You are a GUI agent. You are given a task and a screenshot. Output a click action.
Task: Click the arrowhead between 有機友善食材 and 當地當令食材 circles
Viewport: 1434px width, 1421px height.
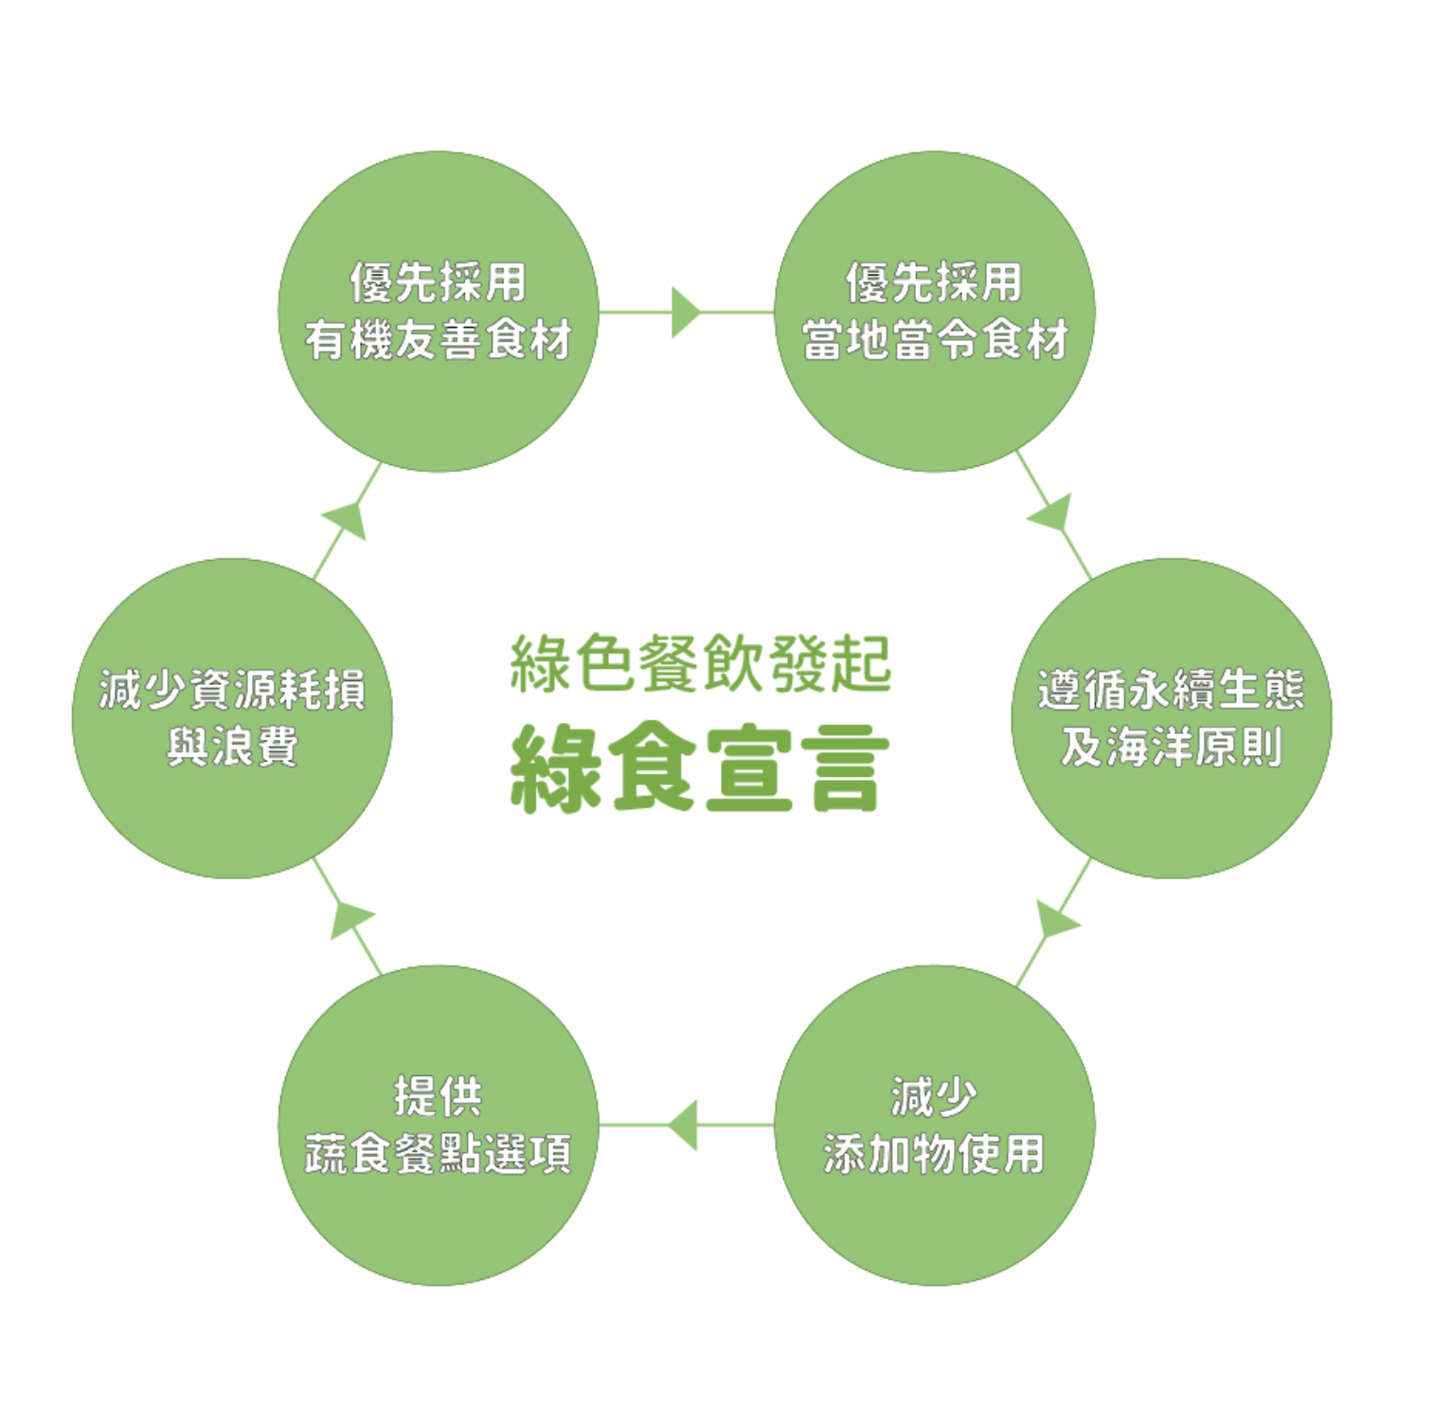pos(685,312)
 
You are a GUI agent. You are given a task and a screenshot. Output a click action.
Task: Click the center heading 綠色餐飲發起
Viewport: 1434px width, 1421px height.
pos(700,663)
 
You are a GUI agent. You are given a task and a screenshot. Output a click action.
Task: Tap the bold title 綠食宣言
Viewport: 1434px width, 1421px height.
pos(700,767)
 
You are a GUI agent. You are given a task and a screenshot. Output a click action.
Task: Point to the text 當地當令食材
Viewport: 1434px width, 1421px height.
pos(935,340)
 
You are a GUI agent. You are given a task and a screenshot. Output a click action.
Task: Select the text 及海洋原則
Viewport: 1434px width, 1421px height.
pos(1172,747)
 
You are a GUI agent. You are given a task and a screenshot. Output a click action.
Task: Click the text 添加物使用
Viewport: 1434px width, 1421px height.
pos(934,1154)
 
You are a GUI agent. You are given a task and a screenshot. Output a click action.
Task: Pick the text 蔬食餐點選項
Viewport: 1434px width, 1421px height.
pos(438,1154)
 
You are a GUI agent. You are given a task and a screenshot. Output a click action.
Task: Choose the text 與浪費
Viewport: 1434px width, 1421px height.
pos(232,747)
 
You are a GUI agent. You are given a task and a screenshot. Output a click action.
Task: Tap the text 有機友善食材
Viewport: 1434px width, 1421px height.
pos(438,340)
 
